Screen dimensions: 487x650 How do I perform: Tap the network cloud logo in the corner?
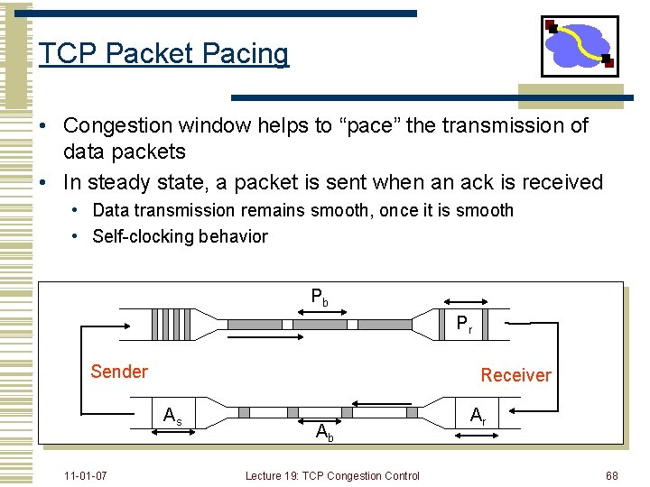point(580,46)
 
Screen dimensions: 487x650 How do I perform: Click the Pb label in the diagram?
point(320,296)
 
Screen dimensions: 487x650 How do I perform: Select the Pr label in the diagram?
point(464,325)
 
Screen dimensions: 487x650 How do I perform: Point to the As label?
point(172,417)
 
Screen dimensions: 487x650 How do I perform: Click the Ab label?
point(325,432)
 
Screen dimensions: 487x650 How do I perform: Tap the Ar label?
point(478,417)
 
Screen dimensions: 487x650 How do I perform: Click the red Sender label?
point(119,372)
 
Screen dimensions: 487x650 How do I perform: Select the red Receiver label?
point(515,375)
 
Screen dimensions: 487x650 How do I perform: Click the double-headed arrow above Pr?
point(463,304)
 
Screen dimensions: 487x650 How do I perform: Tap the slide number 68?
point(612,475)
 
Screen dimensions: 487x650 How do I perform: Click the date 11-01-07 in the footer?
point(86,475)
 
